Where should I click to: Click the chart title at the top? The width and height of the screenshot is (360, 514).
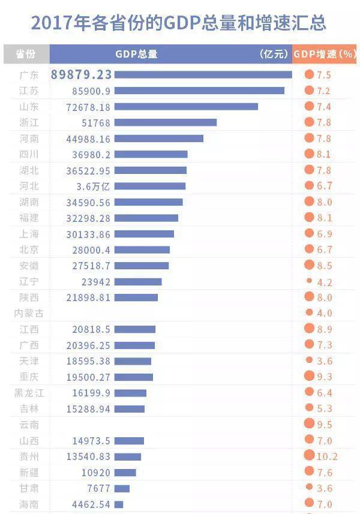click(x=178, y=23)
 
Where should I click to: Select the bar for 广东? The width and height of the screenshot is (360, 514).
click(x=203, y=74)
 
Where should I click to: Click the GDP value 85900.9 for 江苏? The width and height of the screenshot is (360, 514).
click(x=91, y=91)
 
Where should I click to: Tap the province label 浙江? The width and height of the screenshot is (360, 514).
click(x=29, y=122)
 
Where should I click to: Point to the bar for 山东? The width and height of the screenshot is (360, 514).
click(x=186, y=106)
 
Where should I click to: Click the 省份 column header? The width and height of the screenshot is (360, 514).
click(x=26, y=54)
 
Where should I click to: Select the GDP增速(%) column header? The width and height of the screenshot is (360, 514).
click(x=325, y=54)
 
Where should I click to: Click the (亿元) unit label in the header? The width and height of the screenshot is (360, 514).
click(x=274, y=54)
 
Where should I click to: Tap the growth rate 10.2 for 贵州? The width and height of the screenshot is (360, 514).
click(x=327, y=456)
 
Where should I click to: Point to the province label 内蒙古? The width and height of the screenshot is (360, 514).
click(x=29, y=313)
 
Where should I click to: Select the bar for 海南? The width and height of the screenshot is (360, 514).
click(x=119, y=504)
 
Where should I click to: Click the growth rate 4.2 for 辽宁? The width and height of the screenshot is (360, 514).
click(x=325, y=282)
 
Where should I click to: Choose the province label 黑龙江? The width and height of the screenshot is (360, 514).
click(x=29, y=393)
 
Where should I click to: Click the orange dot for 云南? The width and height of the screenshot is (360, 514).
click(x=310, y=424)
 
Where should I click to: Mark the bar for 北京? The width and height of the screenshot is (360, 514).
click(x=142, y=250)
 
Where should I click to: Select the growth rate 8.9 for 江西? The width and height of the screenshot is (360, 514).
click(x=325, y=329)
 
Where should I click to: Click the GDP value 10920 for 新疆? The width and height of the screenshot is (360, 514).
click(x=96, y=473)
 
